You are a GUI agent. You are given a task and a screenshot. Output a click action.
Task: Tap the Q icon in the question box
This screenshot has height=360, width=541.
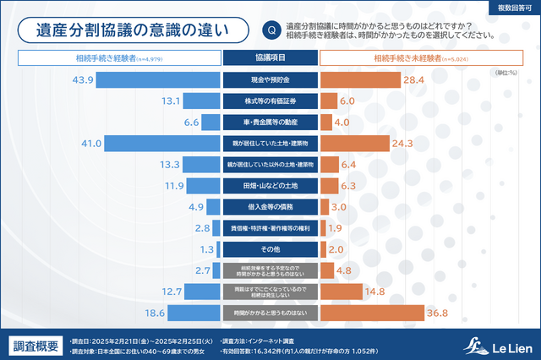pos(270,30)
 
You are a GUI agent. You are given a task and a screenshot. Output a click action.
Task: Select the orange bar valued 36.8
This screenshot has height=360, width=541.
pos(371,313)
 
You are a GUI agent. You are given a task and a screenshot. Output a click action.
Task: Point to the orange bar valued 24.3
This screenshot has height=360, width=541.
pos(354,143)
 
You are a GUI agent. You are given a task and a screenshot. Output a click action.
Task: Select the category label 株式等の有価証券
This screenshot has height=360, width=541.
pos(270,101)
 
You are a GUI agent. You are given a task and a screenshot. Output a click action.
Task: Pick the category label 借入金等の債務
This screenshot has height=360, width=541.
pos(270,207)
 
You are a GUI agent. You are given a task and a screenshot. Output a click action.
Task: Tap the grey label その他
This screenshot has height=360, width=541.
pos(270,249)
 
